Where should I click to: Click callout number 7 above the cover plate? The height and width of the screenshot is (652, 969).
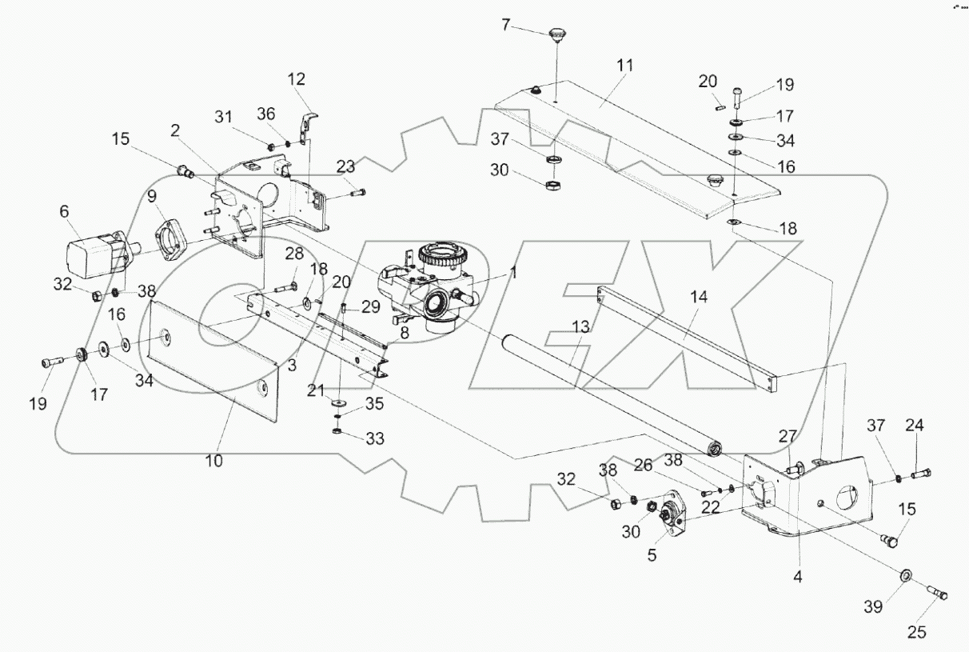coord(505,25)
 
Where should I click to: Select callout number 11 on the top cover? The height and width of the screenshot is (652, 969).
coord(624,66)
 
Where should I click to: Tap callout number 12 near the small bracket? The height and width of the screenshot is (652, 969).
coord(297,79)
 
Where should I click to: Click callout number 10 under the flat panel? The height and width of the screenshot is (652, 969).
coord(214,461)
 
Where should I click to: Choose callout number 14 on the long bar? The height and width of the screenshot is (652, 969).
coord(699,296)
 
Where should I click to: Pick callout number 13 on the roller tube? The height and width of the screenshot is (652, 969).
coord(580,327)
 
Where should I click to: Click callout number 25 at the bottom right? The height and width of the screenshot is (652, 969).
coord(916,632)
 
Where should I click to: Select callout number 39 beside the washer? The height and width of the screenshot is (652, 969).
coord(873,608)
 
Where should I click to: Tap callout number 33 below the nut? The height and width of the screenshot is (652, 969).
coord(374,438)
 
